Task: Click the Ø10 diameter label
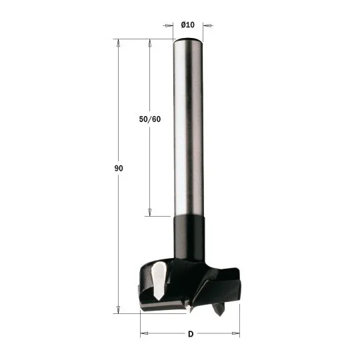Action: tap(187, 25)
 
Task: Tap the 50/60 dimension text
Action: tap(150, 119)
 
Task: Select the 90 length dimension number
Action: tap(119, 168)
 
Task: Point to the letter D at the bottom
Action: tap(191, 334)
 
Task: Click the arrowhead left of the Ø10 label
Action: tap(169, 25)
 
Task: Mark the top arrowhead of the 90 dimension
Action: tap(118, 43)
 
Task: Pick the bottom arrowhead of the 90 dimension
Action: tap(118, 309)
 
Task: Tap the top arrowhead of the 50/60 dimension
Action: tap(150, 43)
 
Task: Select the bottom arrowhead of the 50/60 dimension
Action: tap(150, 213)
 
